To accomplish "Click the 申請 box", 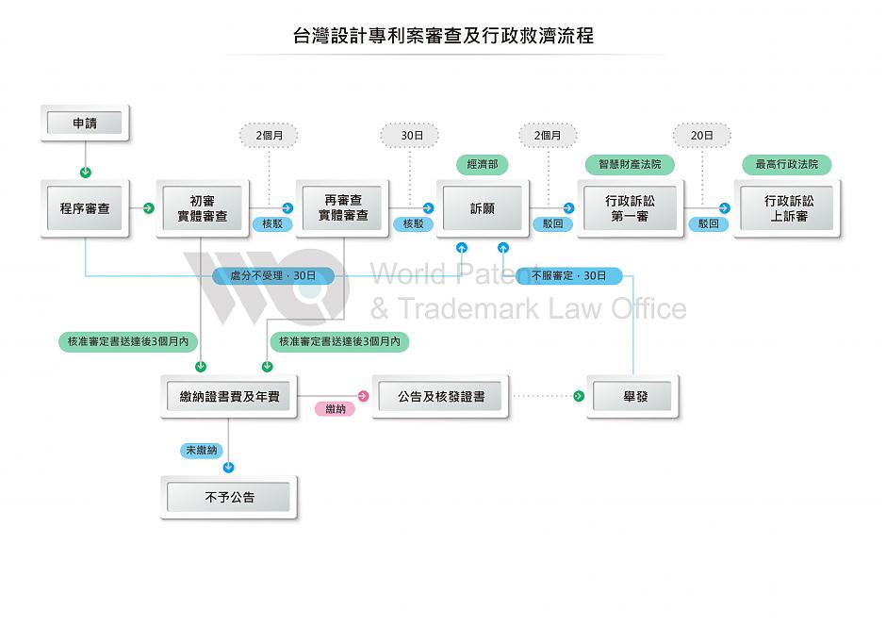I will pos(85,124).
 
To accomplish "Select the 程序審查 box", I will pos(85,208).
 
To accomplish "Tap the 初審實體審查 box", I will pos(203,208).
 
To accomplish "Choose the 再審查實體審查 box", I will pos(343,208).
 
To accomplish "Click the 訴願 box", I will pos(482,208).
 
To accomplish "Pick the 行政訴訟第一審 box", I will pos(630,208).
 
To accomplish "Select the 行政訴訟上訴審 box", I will pos(787,208).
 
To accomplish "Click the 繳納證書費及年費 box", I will pos(229,397).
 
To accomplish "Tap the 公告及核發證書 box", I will pos(441,397).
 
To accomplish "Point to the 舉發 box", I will pos(633,397).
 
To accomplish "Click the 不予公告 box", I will pos(229,497).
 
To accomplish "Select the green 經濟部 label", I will pos(482,165).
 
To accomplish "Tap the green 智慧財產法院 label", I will pos(630,165).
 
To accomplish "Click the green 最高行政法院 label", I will pos(787,165).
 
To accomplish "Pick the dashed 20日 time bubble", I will pos(701,136).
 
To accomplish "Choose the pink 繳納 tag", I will pos(335,409).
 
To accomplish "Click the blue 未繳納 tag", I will pos(201,451).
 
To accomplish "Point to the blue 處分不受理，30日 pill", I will pos(273,276).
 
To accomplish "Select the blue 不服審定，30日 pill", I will pos(569,276).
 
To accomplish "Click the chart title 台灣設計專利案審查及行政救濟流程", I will pos(443,37).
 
